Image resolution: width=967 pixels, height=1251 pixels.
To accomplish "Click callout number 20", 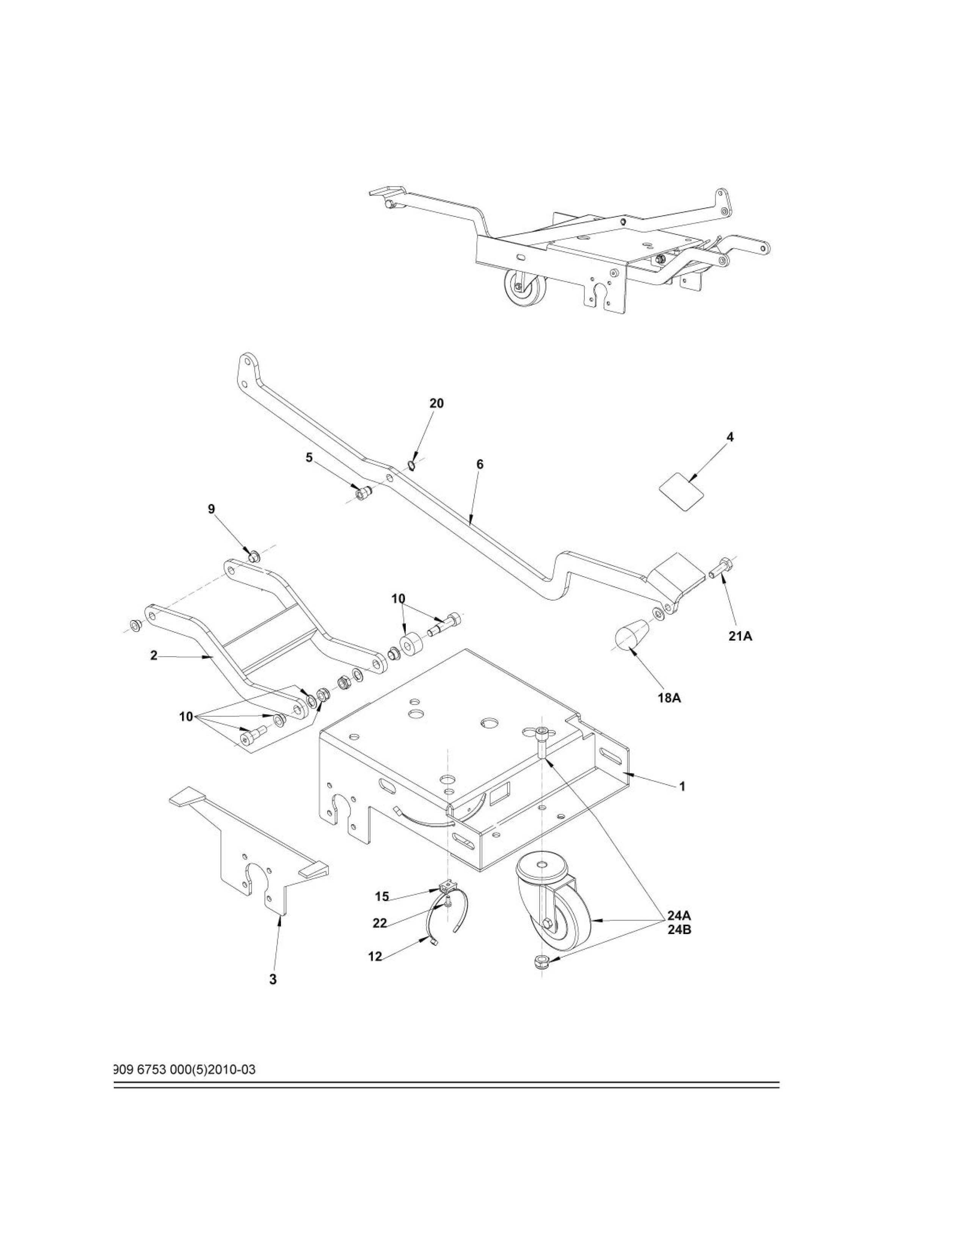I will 436,403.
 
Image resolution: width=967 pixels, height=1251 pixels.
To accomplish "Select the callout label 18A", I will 669,699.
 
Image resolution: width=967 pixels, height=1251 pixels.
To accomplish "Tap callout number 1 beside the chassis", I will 682,787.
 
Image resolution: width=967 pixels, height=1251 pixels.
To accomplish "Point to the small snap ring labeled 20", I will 412,463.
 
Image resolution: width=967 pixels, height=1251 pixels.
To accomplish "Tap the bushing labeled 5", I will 362,491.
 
